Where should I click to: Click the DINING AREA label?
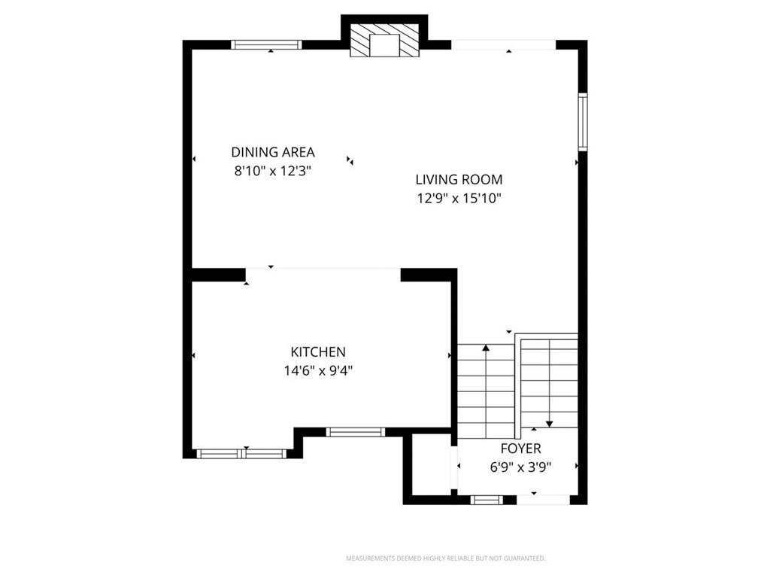273,152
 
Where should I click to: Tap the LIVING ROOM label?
459,179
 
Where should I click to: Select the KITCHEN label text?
318,352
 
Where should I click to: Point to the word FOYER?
521,449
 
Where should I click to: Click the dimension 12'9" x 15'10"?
459,198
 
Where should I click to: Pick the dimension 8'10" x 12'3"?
273,171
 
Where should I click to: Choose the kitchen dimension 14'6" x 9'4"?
318,370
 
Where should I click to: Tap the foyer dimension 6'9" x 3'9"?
521,467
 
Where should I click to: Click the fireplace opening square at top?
385,46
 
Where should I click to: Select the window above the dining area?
267,44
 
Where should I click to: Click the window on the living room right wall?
583,121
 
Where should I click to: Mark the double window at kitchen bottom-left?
241,454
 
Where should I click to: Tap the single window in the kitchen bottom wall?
356,432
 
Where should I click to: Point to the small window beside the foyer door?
487,500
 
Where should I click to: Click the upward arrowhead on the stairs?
487,348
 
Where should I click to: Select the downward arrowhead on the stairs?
550,424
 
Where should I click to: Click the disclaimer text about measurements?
446,558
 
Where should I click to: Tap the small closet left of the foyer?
431,464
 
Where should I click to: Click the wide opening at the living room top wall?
503,44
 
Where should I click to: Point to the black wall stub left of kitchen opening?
218,275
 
